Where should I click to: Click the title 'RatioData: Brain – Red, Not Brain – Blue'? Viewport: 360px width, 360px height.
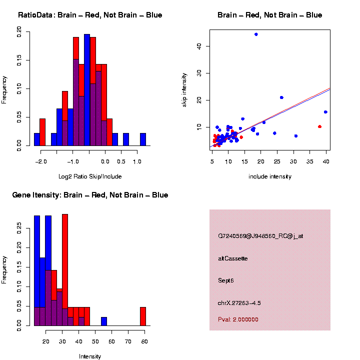(90, 15)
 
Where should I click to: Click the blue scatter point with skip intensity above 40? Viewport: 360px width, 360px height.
(256, 34)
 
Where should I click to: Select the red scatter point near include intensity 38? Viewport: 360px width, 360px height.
(319, 126)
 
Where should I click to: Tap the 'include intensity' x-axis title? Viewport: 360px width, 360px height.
(269, 176)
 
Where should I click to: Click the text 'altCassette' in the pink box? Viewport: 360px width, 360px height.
(232, 258)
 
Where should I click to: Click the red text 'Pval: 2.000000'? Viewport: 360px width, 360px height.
(238, 319)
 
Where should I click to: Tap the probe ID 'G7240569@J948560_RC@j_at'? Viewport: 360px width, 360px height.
(260, 236)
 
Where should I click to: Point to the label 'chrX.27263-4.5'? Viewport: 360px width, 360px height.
(239, 303)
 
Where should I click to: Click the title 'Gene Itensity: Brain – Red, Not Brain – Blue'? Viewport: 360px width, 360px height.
(90, 195)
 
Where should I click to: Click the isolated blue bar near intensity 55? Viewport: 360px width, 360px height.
(104, 321)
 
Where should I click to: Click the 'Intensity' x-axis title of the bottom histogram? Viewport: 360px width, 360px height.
(90, 356)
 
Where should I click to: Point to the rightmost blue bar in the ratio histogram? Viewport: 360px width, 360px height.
(143, 139)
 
